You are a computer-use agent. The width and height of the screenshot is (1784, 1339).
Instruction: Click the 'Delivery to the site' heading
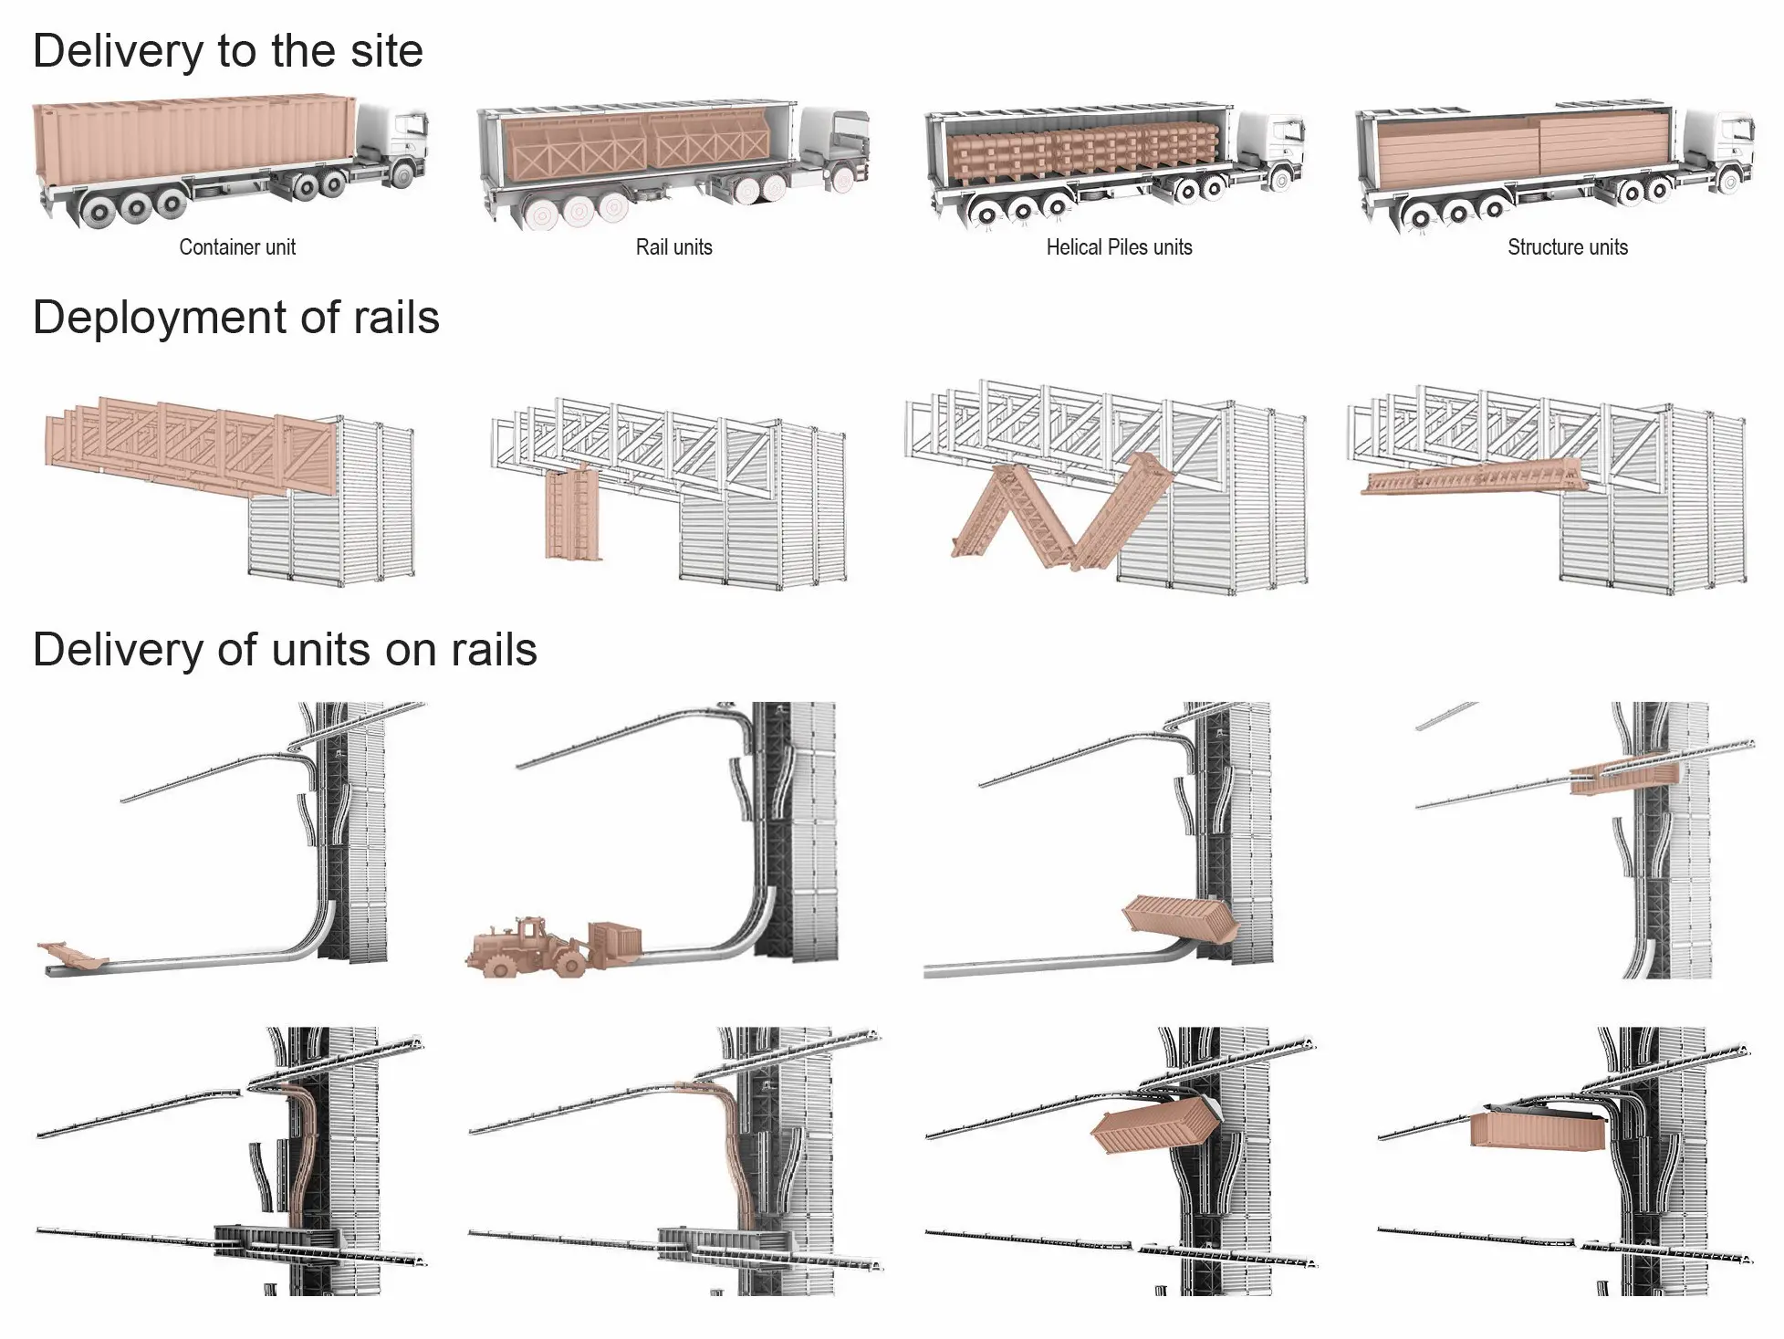(x=228, y=50)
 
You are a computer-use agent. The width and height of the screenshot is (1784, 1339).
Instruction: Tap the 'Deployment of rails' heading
(x=236, y=318)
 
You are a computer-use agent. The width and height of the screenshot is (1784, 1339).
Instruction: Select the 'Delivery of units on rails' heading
(x=285, y=650)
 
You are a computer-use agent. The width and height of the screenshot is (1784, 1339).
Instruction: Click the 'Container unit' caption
(x=237, y=247)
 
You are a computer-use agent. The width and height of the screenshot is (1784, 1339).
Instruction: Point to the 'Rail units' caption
(x=673, y=247)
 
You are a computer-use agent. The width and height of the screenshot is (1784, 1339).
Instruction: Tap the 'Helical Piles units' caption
(x=1119, y=247)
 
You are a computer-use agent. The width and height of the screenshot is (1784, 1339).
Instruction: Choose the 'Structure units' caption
(x=1567, y=247)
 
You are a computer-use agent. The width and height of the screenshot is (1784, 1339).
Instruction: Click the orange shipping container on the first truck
(x=192, y=137)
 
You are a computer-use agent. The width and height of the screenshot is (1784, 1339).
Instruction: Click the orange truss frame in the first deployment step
(x=192, y=443)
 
